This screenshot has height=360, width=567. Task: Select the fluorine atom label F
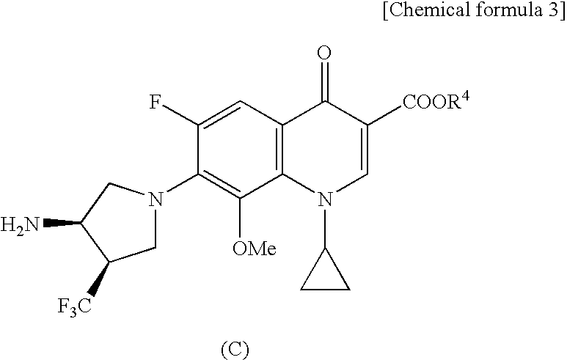(156, 102)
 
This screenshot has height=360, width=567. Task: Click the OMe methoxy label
(254, 250)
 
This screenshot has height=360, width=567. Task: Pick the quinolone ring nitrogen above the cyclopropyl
(326, 199)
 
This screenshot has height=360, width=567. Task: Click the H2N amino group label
(21, 224)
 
